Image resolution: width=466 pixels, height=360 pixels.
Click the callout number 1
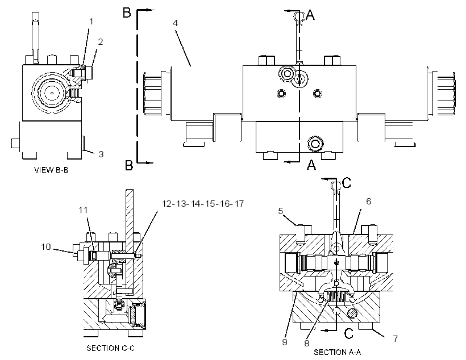pos(91,22)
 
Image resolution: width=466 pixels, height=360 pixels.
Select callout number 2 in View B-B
pos(101,42)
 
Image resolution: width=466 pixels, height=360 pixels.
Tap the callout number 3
pos(101,154)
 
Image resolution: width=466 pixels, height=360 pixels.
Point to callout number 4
pos(175,23)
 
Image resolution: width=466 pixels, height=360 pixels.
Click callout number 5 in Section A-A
pos(281,211)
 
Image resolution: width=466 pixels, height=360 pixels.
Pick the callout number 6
pos(368,202)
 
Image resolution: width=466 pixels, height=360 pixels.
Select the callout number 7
pos(396,338)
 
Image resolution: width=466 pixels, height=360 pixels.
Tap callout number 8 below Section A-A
pos(307,344)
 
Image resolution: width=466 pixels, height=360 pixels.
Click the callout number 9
pos(285,342)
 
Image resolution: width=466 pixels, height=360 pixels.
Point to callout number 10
pos(46,247)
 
